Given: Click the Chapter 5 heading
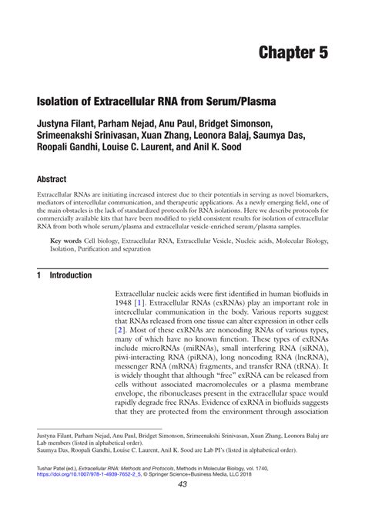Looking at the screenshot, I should (x=293, y=54).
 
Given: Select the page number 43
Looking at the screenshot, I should (x=182, y=506).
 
